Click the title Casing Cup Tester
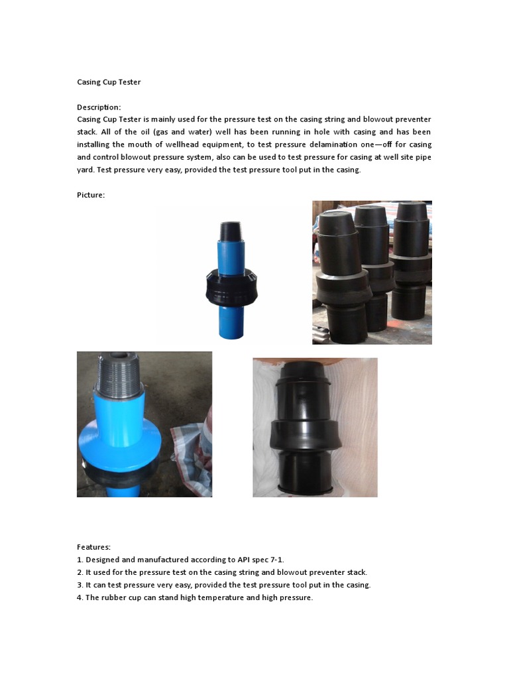pos(109,82)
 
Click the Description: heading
pos(99,107)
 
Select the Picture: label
pos(91,195)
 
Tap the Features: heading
pos(93,547)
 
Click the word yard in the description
pos(85,170)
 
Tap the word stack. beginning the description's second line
pos(87,132)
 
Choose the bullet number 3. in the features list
pos(80,585)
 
